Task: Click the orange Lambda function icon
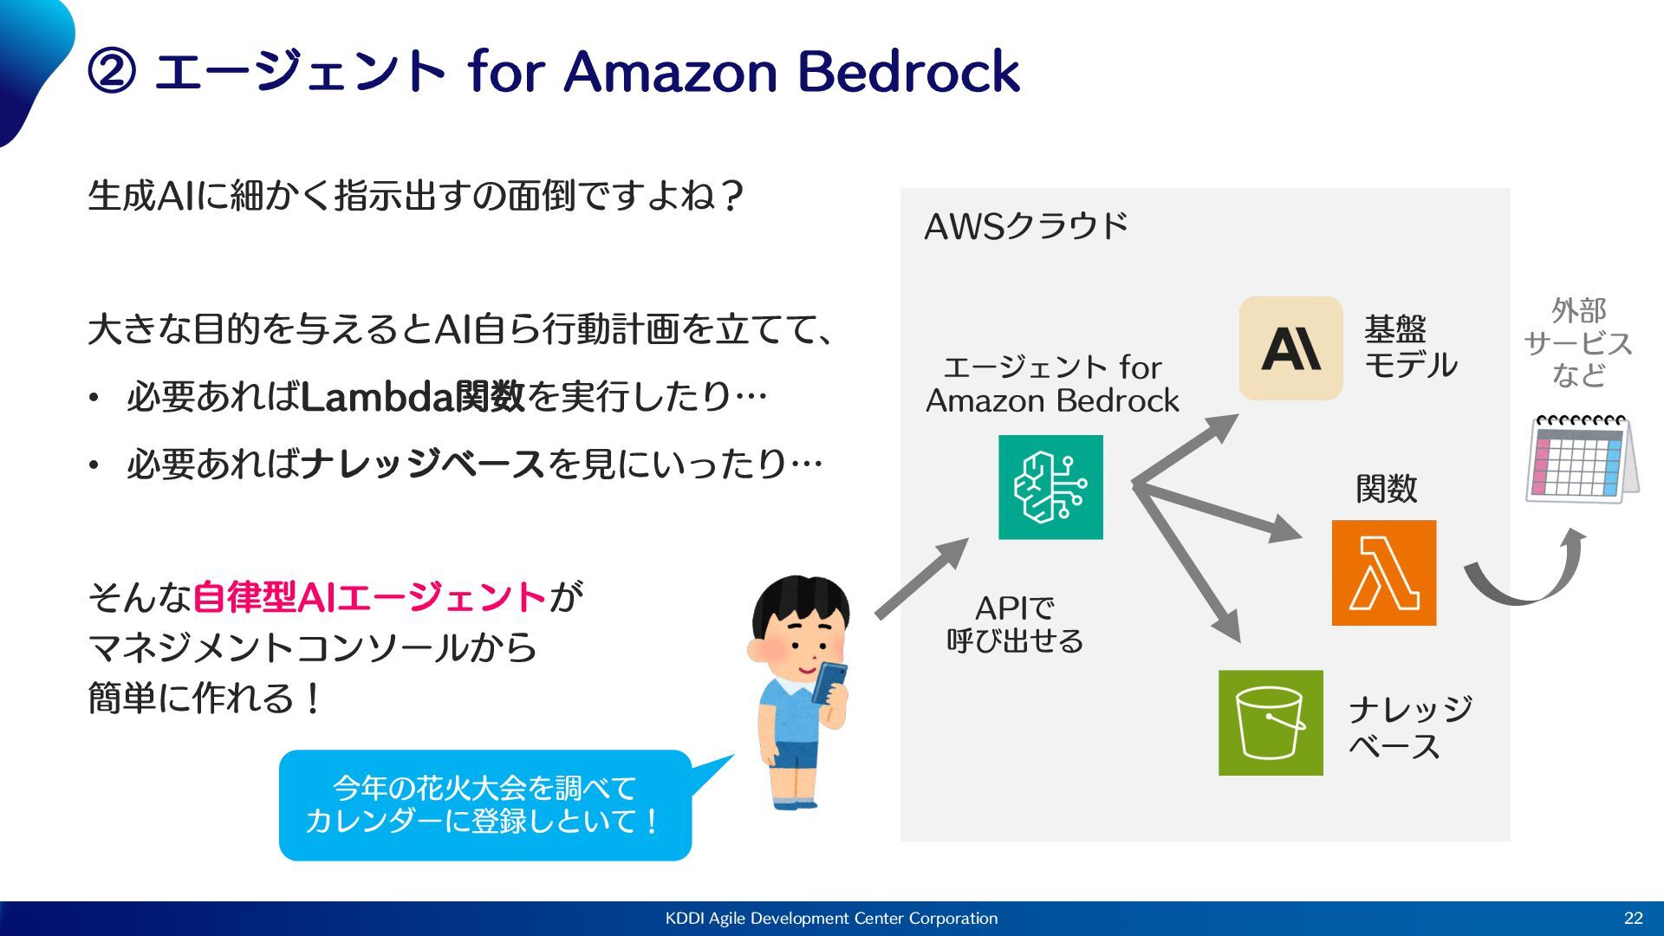pos(1383,573)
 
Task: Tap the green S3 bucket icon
pos(1271,722)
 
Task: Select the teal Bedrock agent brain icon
pos(1050,487)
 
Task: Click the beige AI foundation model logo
pos(1290,348)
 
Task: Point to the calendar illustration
pos(1581,458)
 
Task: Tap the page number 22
pos(1633,919)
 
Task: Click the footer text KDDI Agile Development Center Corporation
pos(831,919)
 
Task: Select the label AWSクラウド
pos(1026,226)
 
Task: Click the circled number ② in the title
pos(113,72)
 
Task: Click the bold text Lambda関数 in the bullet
pos(413,397)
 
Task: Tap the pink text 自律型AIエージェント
pos(369,597)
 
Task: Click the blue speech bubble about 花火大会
pos(484,804)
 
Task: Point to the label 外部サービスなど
pos(1578,343)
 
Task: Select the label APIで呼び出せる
pos(1015,624)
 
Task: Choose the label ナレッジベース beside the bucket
pos(1409,727)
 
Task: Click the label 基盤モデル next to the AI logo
pos(1410,348)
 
